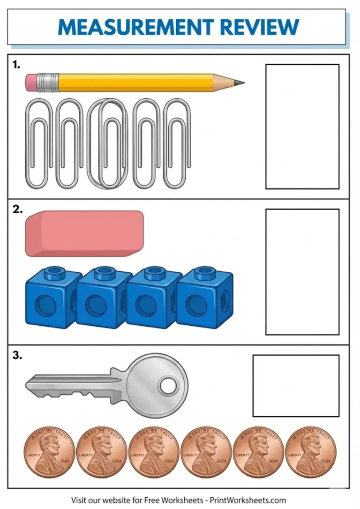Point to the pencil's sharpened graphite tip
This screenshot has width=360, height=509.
(x=240, y=83)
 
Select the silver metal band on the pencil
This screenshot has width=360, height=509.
(x=48, y=82)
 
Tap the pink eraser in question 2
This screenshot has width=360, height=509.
(x=84, y=233)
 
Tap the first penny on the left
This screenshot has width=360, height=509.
(x=49, y=452)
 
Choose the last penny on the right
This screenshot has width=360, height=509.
(x=310, y=452)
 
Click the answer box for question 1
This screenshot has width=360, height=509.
(x=302, y=127)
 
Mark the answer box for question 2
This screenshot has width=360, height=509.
(x=302, y=272)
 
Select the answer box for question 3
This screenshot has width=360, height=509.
(x=296, y=386)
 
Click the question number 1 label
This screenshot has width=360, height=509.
(x=16, y=66)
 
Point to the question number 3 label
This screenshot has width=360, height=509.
(x=17, y=356)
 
